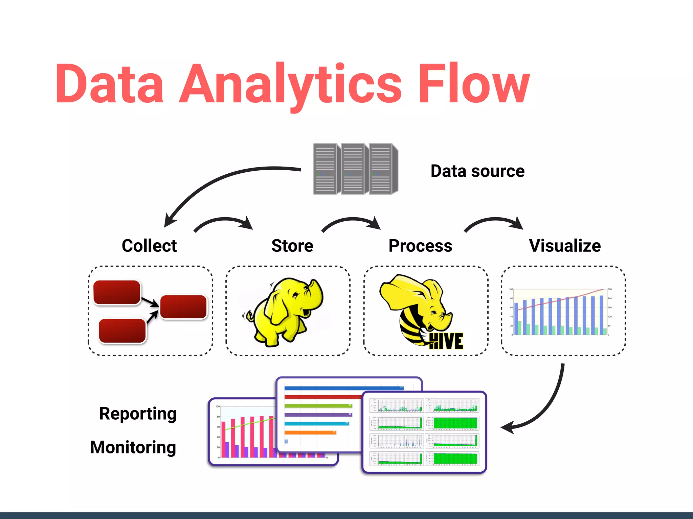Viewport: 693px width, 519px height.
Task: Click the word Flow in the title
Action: (474, 84)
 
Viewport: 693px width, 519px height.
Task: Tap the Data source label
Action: (477, 171)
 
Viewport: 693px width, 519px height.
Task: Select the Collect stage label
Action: (149, 246)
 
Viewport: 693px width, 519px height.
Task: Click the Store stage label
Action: (292, 246)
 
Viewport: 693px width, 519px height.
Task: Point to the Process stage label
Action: (420, 246)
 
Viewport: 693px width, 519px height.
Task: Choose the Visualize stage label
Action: (565, 246)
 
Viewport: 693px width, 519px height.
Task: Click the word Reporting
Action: (138, 414)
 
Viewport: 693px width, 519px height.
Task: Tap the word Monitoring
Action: (133, 447)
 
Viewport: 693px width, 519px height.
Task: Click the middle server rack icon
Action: (353, 169)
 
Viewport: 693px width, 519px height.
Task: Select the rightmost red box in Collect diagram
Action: (183, 307)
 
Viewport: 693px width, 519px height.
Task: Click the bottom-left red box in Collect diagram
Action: (122, 331)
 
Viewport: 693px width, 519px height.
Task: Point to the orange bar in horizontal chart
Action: (310, 432)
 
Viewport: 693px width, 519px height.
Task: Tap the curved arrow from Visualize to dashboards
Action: (548, 405)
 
